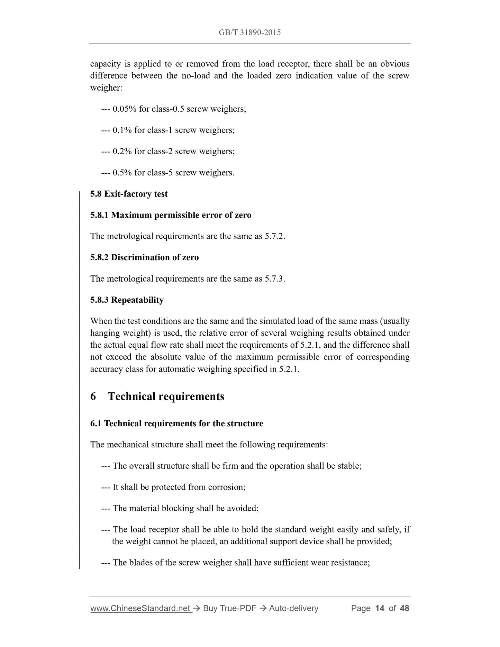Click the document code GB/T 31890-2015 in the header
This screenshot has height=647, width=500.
(249, 33)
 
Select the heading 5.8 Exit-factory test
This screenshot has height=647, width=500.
(129, 194)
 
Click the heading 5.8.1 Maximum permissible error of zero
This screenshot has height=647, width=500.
(171, 215)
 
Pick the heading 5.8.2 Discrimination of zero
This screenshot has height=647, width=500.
(144, 257)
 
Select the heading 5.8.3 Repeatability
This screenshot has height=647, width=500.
(127, 300)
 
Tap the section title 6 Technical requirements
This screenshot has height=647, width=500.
(157, 397)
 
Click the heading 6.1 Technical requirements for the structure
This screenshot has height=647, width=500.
(176, 424)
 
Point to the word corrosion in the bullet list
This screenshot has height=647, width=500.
(227, 487)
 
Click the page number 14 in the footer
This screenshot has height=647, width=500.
(380, 608)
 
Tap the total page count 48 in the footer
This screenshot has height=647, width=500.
(404, 608)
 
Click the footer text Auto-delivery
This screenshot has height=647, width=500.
(293, 608)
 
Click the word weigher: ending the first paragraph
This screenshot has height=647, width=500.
(106, 88)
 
